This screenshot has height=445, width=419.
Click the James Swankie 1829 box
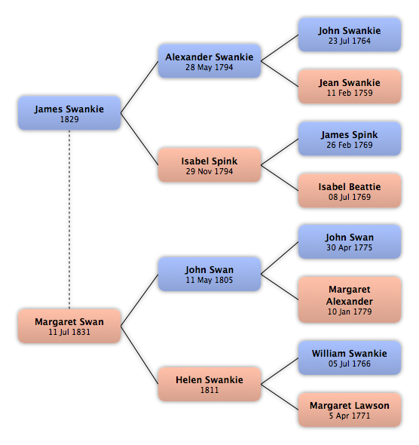tap(69, 113)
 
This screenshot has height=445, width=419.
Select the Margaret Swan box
tap(69, 326)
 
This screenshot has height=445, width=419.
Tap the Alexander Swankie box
tap(209, 61)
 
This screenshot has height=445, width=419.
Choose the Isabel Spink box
tap(209, 165)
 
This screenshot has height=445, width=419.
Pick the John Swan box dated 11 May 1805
tap(209, 274)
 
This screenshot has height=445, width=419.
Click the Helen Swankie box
tap(209, 384)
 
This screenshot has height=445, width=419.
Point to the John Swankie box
tap(350, 35)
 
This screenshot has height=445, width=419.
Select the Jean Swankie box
tap(350, 87)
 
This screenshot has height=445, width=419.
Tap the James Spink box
tap(350, 139)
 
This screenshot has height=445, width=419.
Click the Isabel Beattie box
tap(350, 191)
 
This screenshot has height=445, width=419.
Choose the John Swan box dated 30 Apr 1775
tap(350, 241)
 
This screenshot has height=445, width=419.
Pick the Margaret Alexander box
tap(350, 299)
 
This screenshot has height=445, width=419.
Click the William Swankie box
tap(350, 358)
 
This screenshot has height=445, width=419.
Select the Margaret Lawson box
tap(350, 410)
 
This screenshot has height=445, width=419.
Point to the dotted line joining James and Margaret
tap(69, 219)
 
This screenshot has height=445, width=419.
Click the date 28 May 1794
tap(209, 68)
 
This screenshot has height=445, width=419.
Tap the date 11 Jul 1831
tap(69, 332)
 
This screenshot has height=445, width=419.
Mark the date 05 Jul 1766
tap(350, 364)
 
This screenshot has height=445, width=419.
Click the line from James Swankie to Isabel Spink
tap(139, 139)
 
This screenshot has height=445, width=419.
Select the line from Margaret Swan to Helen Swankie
tap(139, 355)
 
